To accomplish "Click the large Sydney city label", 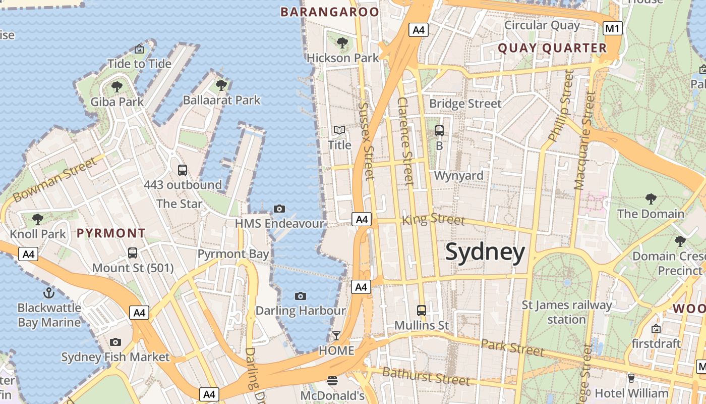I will pos(485,252).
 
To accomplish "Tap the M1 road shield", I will pos(612,28).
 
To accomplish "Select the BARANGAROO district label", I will pos(329,12).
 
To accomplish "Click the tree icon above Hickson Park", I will pos(342,43).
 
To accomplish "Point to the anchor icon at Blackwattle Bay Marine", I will pos(48,292).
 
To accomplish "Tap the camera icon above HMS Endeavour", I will pos(279,209).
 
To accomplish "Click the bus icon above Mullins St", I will pos(421,311).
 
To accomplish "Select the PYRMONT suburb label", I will pos(111,233).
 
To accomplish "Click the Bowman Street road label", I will pos(54,180).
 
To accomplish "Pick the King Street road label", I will pos(433,220).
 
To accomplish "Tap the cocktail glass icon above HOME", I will pos(336,336).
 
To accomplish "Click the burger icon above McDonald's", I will pos(332,380).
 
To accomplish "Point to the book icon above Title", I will pos(339,130).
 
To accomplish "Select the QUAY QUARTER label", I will pos(552,48).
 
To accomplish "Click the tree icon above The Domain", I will pos(651,198).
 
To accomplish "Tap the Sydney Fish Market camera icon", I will pos(115,342).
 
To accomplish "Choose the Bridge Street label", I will pos(465,104).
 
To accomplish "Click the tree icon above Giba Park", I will pos(117,87).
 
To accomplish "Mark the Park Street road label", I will pos(512,347).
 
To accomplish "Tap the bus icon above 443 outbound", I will pos(183,170).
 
